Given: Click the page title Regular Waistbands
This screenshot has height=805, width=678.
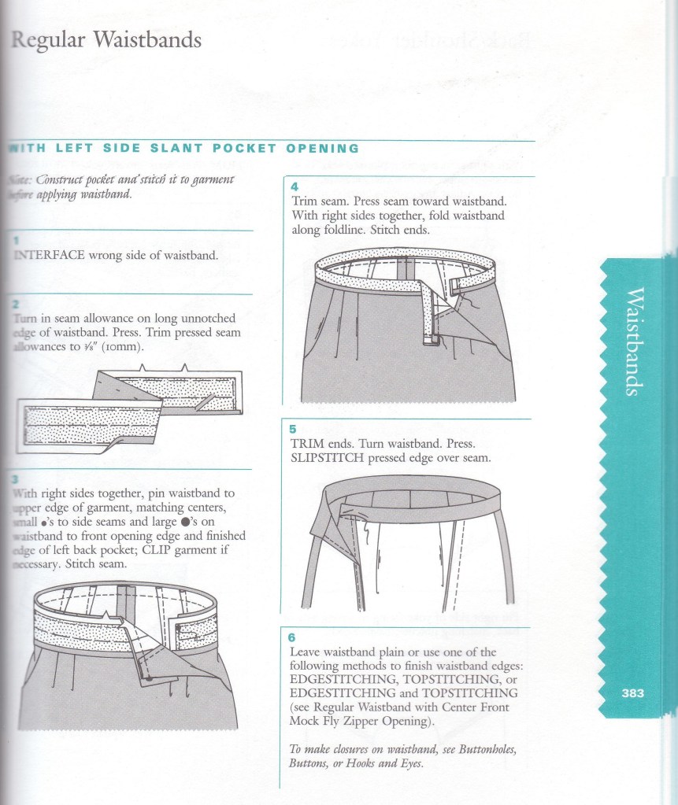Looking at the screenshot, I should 106,39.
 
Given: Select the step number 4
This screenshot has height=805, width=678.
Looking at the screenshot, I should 293,187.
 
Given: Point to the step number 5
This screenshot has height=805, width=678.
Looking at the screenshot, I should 293,430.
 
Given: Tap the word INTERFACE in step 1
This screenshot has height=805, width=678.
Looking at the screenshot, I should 50,255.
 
